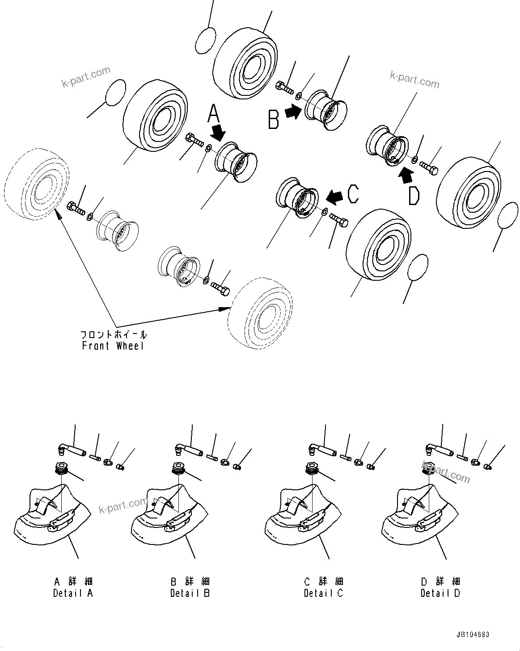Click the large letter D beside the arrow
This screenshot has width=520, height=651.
pos(414,196)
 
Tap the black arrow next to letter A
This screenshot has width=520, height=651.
pos(219,132)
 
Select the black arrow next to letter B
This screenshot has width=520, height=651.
pos(293,112)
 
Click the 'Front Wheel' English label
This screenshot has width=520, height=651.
pos(113,346)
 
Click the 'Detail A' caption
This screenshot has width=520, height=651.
pos(73,593)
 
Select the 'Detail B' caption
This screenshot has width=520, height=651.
pos(190,593)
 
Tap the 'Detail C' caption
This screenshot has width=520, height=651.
pos(323,593)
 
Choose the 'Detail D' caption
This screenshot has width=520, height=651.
pos(440,593)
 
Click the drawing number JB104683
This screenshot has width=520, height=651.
pos(473,635)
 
